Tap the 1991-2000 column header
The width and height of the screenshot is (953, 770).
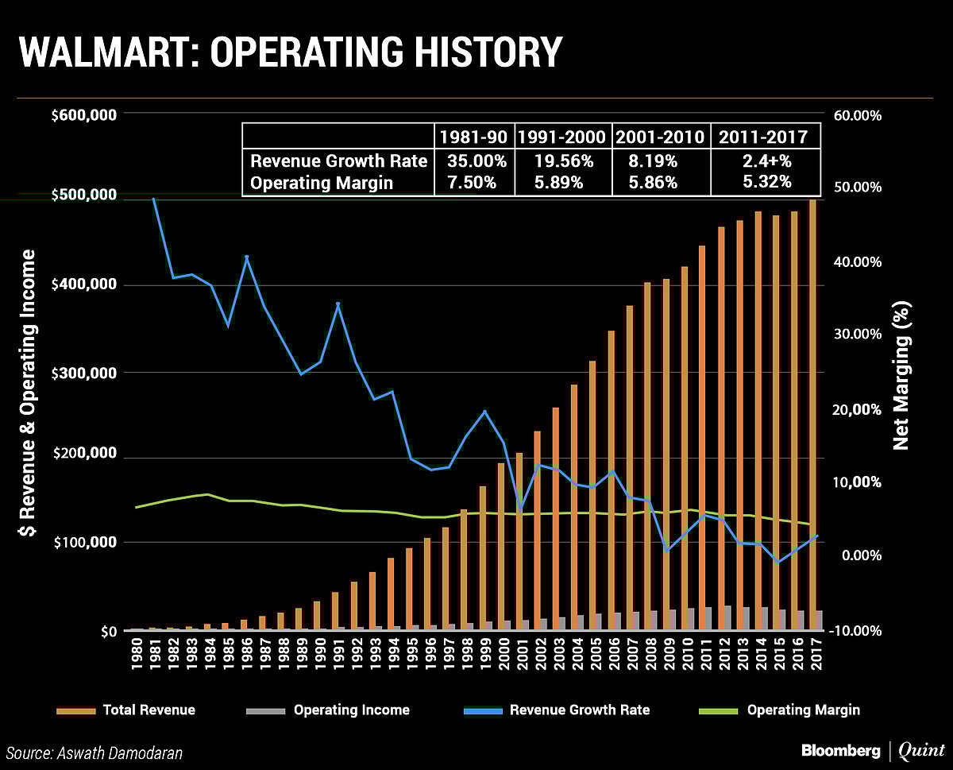coord(563,137)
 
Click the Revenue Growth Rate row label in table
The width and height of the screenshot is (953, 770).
coord(339,161)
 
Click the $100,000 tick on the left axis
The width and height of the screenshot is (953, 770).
coord(84,543)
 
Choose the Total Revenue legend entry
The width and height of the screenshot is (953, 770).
coord(149,710)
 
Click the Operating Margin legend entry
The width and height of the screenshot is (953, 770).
coord(803,710)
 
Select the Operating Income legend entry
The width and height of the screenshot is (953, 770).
coord(351,710)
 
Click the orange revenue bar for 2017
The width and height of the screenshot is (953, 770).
coord(812,413)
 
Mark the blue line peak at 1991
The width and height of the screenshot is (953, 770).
coord(338,304)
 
